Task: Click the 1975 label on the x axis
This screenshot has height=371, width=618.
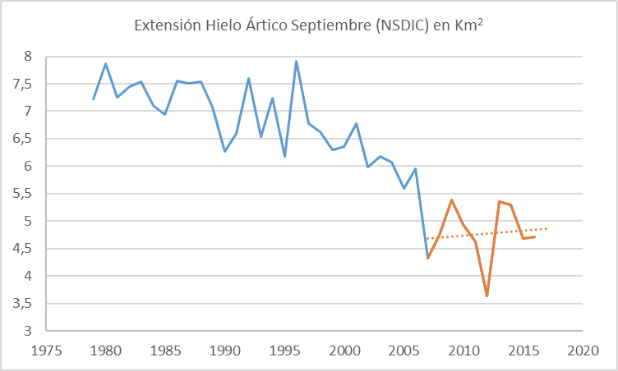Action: (46, 350)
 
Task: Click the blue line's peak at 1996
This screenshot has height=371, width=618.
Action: (297, 61)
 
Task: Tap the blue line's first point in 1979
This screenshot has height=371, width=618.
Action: (94, 99)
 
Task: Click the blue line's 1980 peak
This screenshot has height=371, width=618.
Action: (106, 63)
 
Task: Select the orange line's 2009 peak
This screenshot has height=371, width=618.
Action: (451, 199)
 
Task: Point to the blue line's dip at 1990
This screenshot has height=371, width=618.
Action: (225, 151)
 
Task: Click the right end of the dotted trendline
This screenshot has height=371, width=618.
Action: (547, 228)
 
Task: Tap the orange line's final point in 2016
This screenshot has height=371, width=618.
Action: (535, 236)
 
